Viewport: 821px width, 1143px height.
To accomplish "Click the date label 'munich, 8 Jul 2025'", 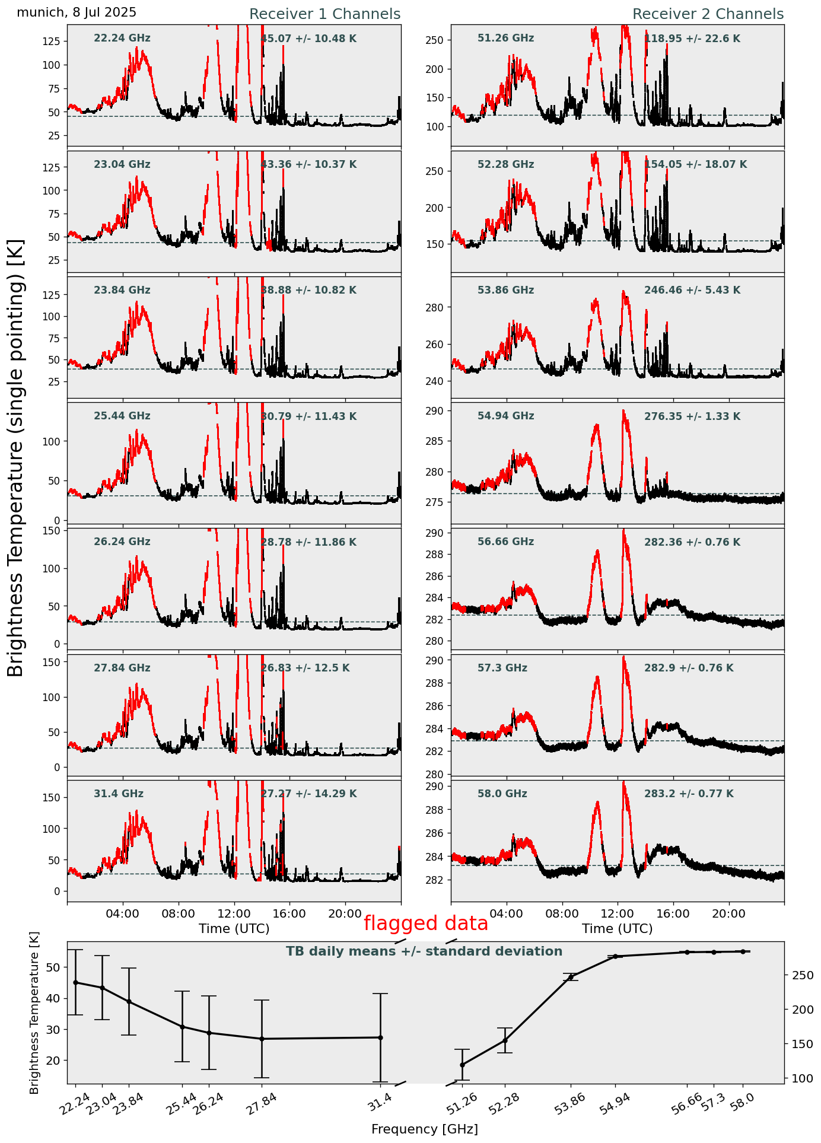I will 77,12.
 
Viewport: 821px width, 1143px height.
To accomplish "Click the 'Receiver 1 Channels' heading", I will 324,14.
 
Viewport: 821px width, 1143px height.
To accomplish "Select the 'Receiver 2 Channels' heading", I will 708,14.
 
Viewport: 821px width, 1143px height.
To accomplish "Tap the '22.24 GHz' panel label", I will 122,39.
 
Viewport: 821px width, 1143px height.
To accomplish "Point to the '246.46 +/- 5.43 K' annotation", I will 692,291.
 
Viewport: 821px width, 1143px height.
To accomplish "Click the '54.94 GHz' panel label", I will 505,416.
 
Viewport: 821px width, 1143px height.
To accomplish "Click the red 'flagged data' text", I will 425,924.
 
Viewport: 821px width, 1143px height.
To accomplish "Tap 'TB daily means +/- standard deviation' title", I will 424,951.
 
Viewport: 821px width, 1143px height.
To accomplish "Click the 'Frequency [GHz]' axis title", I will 424,1129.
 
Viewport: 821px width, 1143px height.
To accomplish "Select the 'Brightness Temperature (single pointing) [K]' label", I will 16,457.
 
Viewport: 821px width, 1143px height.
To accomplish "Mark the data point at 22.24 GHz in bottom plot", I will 75,982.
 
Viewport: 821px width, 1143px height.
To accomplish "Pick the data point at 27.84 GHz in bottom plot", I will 262,1039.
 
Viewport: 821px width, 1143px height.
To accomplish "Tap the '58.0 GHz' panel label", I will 502,794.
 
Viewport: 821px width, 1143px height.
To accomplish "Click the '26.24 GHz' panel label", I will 122,542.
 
